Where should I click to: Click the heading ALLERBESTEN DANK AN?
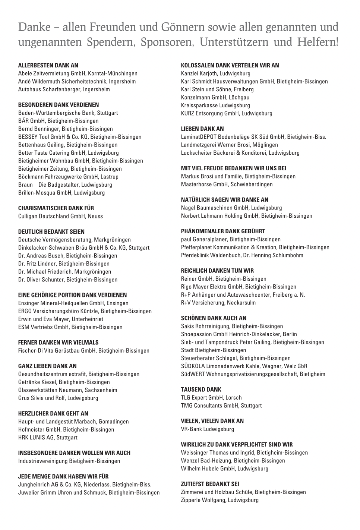(x=48, y=66)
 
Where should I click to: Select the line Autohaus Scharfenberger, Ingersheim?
(x=64, y=89)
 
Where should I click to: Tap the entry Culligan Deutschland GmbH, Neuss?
(x=60, y=216)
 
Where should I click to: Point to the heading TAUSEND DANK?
(x=201, y=390)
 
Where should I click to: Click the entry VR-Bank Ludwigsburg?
(x=207, y=429)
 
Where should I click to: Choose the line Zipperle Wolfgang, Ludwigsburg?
(x=220, y=500)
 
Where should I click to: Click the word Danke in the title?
(x=34, y=27)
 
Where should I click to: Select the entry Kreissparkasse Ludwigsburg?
(x=215, y=105)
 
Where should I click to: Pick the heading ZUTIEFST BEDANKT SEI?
(x=210, y=484)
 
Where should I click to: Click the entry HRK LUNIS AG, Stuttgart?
(x=48, y=438)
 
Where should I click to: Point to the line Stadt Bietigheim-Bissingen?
(x=214, y=350)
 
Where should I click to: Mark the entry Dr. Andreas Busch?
(x=67, y=256)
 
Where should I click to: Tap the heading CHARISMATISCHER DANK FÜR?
(x=56, y=208)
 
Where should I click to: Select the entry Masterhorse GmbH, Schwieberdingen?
(x=227, y=184)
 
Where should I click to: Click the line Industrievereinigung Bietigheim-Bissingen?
(x=69, y=461)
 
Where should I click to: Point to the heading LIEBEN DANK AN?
(x=202, y=129)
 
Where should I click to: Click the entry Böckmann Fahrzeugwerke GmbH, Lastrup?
(x=68, y=177)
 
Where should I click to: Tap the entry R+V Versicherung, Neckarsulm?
(x=218, y=303)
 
